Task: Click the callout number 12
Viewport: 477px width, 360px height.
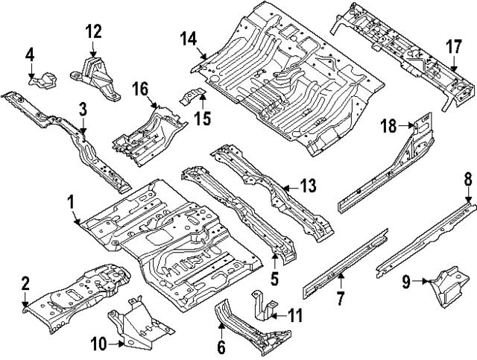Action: tap(93, 31)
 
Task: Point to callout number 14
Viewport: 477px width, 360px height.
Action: tap(188, 38)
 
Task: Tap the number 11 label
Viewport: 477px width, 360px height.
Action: tap(295, 316)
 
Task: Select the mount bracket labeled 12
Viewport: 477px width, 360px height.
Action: tap(95, 75)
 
